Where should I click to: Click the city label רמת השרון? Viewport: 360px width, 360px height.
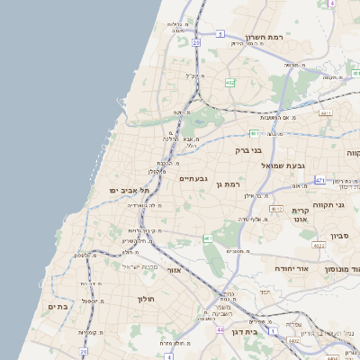point(264,39)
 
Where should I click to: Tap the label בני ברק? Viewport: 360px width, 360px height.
point(254,150)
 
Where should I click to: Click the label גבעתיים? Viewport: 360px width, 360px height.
point(193,178)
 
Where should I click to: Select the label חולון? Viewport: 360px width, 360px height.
point(147,299)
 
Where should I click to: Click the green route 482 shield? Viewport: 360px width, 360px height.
point(230,84)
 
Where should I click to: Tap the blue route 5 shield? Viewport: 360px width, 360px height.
point(220,34)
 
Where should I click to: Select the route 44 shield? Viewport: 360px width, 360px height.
point(220,331)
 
